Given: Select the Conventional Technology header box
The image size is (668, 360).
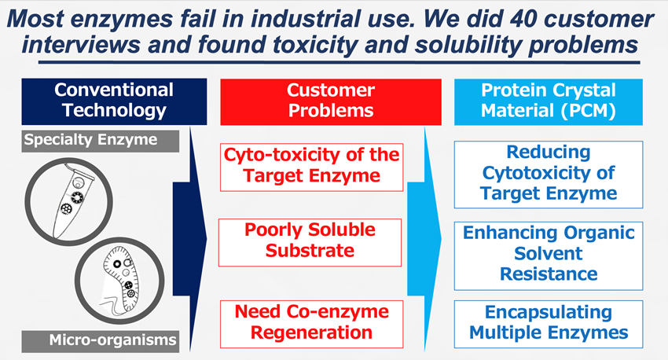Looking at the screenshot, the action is point(114,101).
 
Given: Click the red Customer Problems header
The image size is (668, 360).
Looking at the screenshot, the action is point(331,102).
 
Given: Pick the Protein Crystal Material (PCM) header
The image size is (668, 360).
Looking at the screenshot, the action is point(549,102).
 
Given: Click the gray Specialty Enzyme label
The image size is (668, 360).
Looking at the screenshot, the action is point(101,141).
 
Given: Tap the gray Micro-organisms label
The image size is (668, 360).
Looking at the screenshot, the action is point(101,341).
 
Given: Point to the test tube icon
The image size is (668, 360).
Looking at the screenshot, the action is point(70,200).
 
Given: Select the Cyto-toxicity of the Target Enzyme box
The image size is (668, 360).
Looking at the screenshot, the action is point(311,167).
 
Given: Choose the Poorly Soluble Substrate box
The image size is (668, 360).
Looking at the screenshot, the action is point(310,242).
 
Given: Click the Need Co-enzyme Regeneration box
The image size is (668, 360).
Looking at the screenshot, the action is point(311,324).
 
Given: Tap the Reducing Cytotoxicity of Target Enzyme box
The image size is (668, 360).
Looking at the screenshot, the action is point(549,174).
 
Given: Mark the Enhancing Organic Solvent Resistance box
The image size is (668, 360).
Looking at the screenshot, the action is point(549,255).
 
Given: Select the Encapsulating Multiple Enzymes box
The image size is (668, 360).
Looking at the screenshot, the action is point(549,324).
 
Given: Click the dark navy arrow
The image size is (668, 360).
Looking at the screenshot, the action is point(190,239).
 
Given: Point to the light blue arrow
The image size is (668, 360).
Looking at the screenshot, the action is point(424,239).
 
